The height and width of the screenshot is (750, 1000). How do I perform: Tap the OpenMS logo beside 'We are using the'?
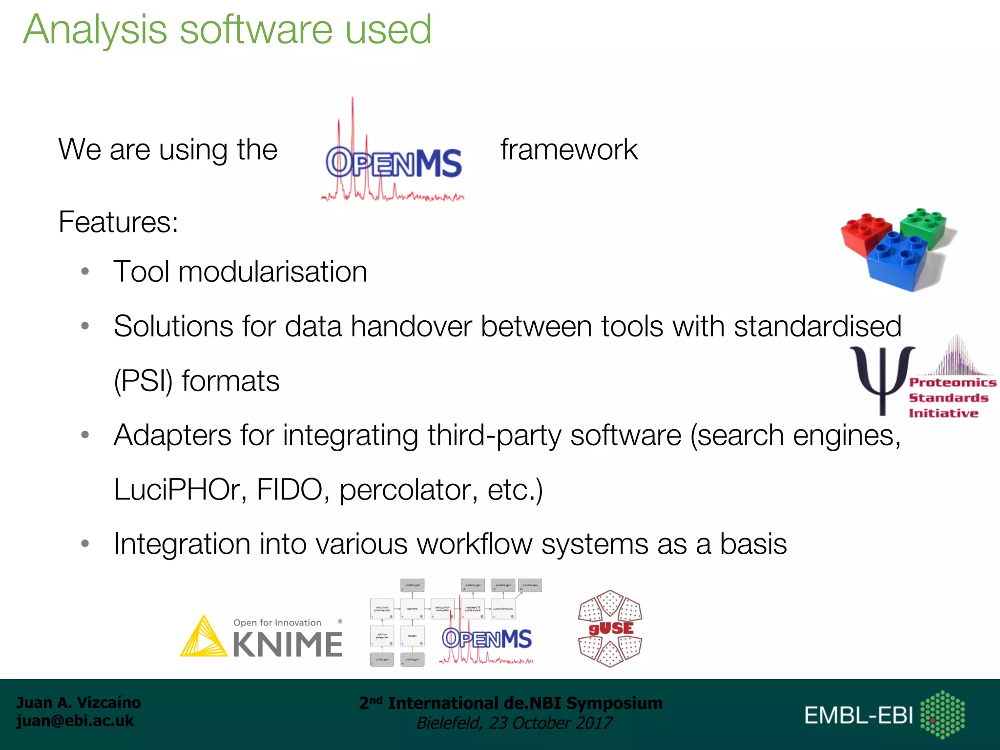point(393,161)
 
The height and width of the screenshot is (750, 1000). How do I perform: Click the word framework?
point(569,149)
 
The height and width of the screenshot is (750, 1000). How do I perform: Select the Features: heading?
point(118,222)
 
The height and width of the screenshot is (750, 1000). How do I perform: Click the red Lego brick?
point(866,234)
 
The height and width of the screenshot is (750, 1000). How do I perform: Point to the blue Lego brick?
point(897,261)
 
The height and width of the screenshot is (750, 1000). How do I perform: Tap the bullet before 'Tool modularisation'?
point(85,271)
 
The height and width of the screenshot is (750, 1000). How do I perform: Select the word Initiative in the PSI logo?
point(943,414)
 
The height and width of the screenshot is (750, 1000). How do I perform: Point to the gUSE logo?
point(610,628)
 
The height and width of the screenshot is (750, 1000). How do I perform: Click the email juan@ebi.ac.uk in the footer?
point(75,721)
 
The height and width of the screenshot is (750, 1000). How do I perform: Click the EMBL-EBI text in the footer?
point(858,716)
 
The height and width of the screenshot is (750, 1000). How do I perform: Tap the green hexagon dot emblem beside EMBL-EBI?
point(942,714)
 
